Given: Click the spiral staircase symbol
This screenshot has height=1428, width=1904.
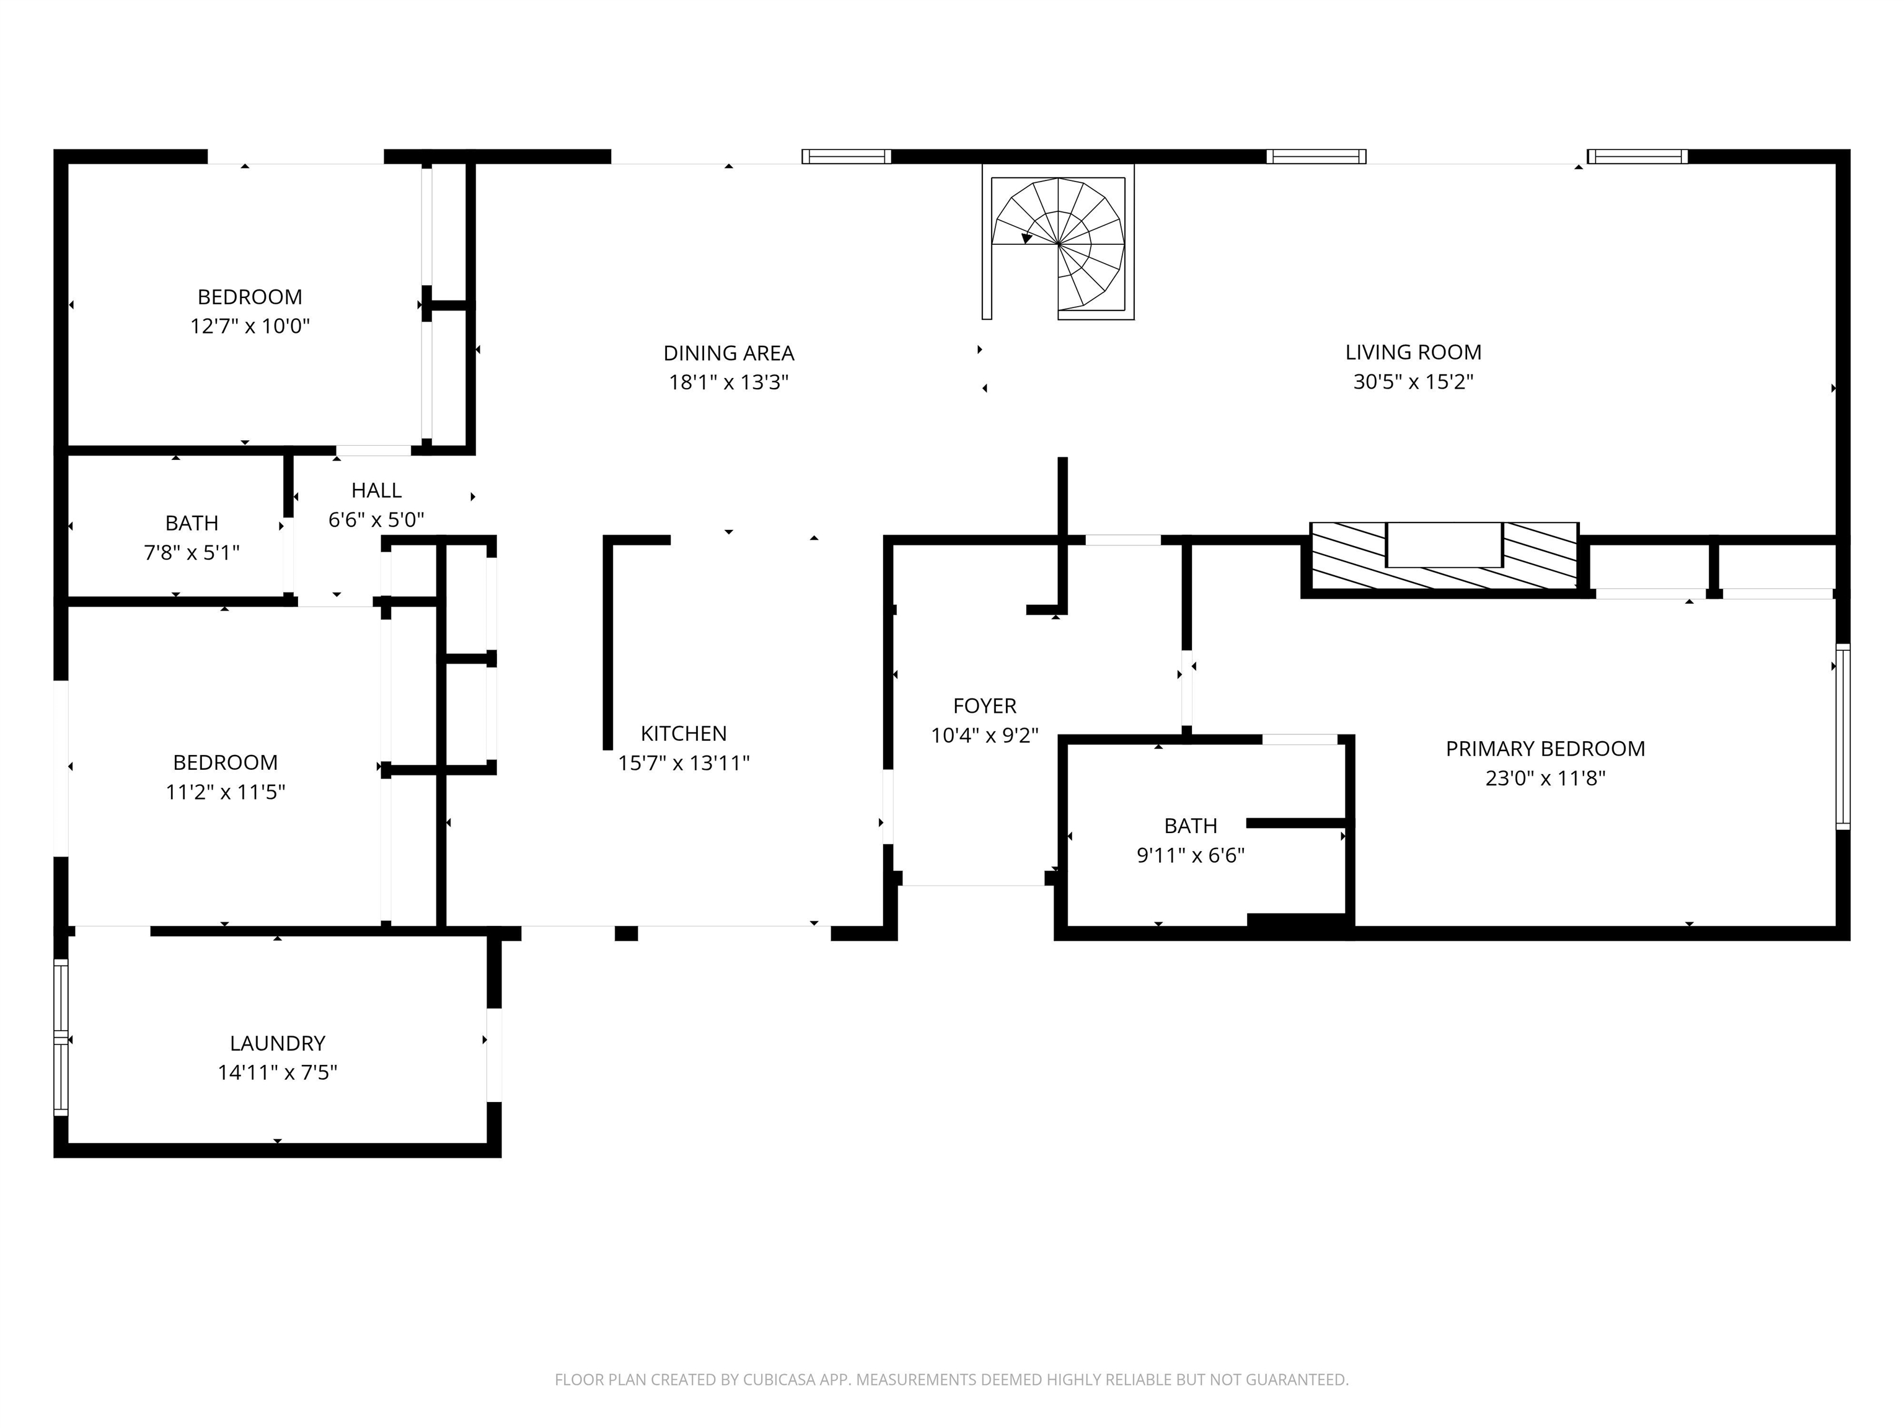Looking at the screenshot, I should point(1059,244).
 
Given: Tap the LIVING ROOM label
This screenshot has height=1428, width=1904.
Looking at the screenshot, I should point(1413,352).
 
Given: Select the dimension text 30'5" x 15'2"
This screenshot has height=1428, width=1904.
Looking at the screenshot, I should point(1413,381).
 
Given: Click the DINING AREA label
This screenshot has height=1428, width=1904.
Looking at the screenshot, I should point(728,353).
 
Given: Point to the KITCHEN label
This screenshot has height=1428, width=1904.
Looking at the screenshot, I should point(684,733).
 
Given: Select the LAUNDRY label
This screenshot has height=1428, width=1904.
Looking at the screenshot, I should point(277,1043).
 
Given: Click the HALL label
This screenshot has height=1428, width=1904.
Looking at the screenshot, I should point(376,490).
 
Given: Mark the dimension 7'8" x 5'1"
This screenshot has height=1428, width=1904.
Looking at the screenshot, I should point(191,552).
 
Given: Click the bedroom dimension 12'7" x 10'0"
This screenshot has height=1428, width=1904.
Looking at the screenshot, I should point(250,326).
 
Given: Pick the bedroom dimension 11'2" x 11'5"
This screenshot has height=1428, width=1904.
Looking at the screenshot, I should point(224,791).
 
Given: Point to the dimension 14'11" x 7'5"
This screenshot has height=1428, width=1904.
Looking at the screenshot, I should point(277,1072).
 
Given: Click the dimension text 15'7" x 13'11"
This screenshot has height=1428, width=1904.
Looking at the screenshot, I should point(684,762).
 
